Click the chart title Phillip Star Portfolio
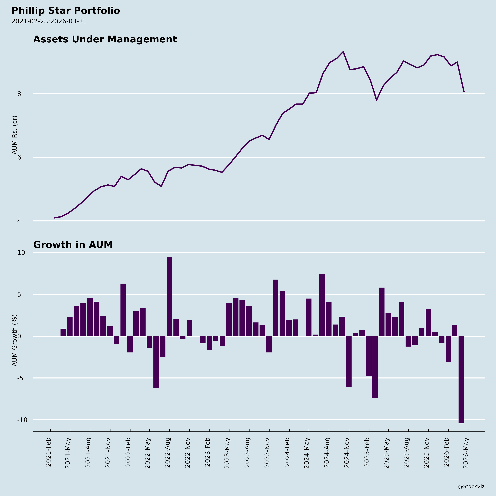point(66,11)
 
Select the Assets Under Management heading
point(105,40)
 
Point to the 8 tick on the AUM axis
point(19,94)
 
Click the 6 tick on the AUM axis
point(19,157)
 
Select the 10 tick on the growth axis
point(21,253)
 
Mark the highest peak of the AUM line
point(343,52)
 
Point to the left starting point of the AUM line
point(54,218)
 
